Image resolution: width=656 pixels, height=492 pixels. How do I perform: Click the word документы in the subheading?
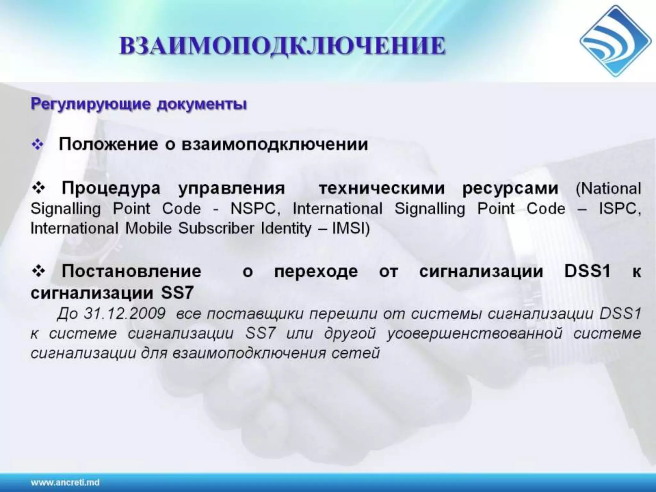(202, 105)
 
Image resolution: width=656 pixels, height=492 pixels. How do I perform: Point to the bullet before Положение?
(37, 145)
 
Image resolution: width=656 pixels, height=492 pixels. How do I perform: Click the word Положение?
(108, 144)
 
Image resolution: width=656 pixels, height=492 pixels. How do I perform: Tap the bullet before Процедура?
(39, 188)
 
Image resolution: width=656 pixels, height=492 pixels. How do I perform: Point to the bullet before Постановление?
(39, 271)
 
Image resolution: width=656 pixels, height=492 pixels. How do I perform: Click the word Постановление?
(131, 271)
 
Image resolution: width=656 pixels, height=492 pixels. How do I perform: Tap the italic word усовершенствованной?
(475, 333)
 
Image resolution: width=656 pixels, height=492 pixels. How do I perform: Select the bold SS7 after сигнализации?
(177, 293)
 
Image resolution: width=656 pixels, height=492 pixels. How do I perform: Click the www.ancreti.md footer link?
(65, 482)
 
